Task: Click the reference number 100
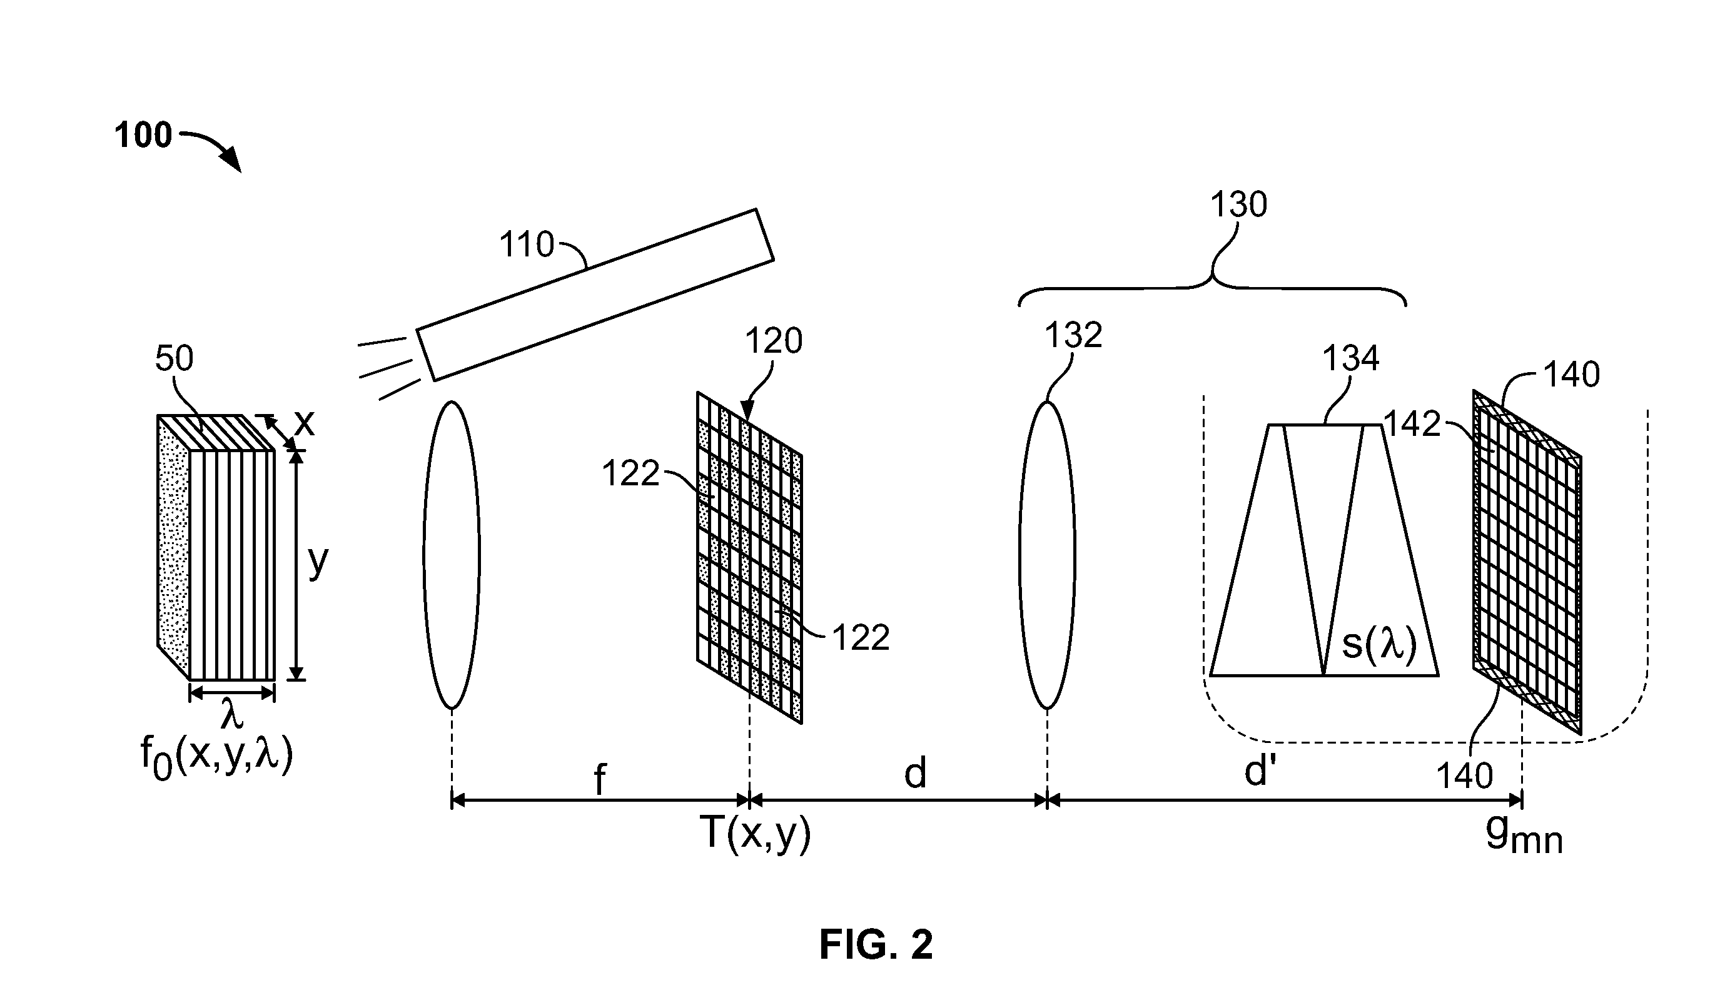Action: coord(143,135)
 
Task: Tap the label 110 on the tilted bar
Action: coord(526,245)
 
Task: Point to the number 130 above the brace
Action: coord(1238,204)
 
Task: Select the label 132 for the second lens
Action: coord(1074,335)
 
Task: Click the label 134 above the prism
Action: coord(1352,358)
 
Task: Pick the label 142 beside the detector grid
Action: coord(1412,424)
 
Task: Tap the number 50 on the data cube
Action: coord(174,358)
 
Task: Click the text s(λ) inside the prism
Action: coord(1379,644)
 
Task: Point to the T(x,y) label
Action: coord(756,834)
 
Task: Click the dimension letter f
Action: coord(599,779)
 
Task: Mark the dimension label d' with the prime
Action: coord(1260,772)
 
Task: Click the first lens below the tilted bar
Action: coord(452,554)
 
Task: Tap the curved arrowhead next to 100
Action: coord(231,159)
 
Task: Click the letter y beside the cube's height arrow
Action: coord(318,562)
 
